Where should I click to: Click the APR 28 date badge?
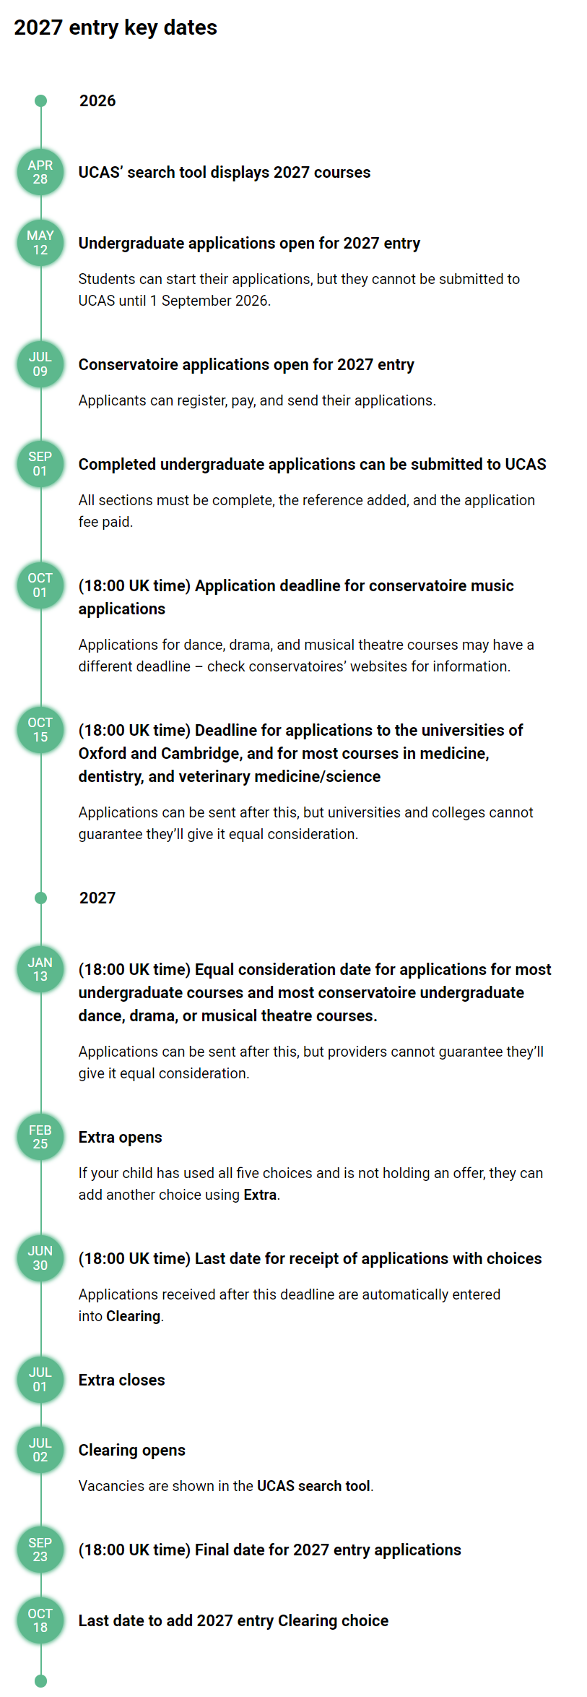coord(40,172)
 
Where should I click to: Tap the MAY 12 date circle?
coord(40,243)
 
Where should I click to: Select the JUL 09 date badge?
coord(40,364)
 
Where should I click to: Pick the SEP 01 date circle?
coord(40,464)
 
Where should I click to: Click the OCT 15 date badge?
coord(40,730)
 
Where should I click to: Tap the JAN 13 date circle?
coord(40,969)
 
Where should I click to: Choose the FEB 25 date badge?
coord(40,1137)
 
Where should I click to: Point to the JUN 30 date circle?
coord(40,1258)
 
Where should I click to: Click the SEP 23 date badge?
coord(40,1550)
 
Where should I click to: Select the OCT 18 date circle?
coord(40,1620)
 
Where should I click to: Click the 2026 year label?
coord(97,101)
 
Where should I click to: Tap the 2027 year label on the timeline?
coord(97,898)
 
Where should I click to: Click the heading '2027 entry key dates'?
coord(116,27)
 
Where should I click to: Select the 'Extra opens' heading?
coord(120,1138)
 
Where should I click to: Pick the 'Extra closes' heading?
coord(121,1380)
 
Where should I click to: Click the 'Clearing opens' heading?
coord(131,1451)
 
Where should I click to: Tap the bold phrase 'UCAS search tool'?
coord(313,1486)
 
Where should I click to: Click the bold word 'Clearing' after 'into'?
coord(133,1316)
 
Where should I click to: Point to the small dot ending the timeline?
coord(41,1681)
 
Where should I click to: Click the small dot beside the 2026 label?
coord(41,101)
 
